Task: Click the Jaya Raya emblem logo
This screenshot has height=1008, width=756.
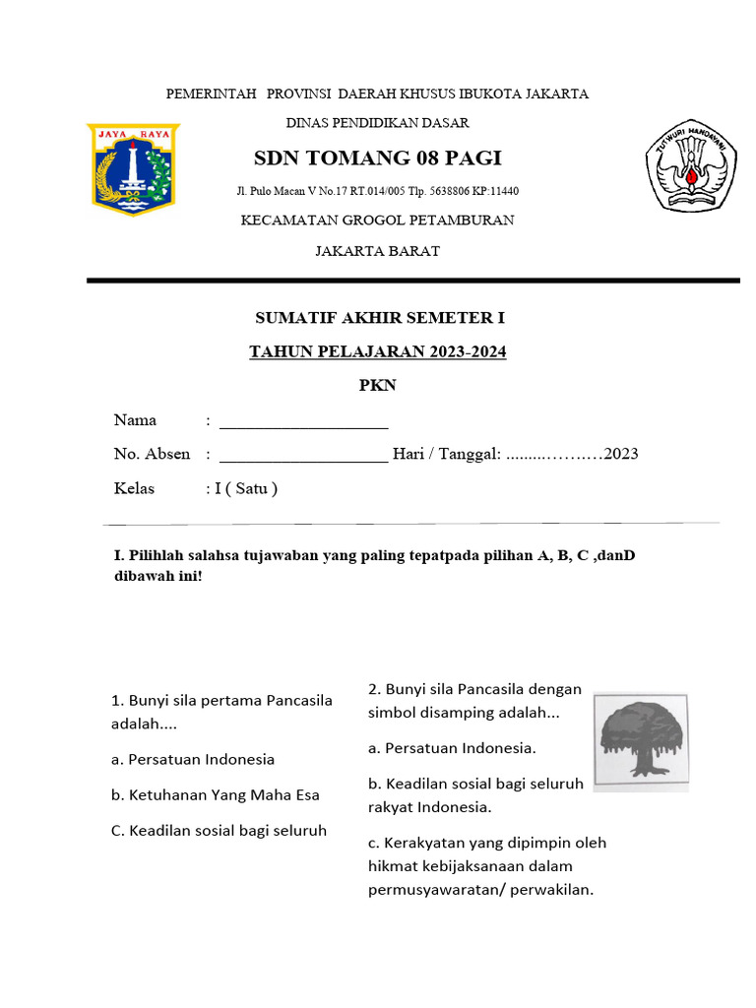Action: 131,168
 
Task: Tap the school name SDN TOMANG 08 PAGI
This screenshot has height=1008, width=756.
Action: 378,158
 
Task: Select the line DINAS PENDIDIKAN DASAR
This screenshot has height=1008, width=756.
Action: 377,123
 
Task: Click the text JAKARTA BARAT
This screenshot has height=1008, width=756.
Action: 377,251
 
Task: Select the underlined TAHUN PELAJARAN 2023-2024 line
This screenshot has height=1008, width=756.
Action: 378,351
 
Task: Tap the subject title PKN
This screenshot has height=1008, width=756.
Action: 377,385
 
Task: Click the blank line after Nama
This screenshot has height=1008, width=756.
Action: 303,424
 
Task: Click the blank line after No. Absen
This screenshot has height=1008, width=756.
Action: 303,458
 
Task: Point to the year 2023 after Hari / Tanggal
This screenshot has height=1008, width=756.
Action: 621,454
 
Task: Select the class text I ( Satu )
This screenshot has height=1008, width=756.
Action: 246,488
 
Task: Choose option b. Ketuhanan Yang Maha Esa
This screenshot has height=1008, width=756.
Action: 215,794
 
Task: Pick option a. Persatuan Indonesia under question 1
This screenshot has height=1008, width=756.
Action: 192,759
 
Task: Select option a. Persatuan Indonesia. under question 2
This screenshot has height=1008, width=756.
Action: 452,747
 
